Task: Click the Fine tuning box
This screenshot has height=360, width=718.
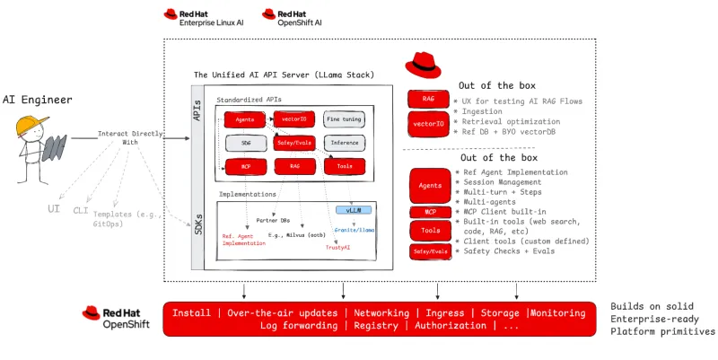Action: (x=345, y=119)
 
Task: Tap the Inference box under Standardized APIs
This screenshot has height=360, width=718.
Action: (x=345, y=143)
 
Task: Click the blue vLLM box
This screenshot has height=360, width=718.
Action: (x=353, y=209)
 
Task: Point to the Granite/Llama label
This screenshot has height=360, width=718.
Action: (x=354, y=230)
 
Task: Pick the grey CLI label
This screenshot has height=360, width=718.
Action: (x=81, y=211)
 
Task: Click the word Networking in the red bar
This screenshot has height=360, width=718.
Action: (x=381, y=313)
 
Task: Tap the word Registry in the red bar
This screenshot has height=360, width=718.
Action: (x=375, y=325)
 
